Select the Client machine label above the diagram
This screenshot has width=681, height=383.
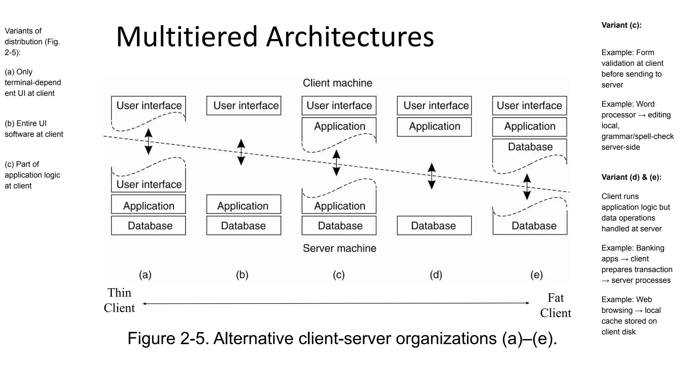pyautogui.click(x=337, y=83)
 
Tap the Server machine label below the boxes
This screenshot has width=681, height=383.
pyautogui.click(x=340, y=248)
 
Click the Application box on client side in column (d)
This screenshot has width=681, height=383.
pyautogui.click(x=434, y=127)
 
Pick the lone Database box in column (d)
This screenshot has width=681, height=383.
pyautogui.click(x=434, y=226)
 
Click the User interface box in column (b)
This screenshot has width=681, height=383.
pyautogui.click(x=244, y=106)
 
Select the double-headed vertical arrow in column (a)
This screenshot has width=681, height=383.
pyautogui.click(x=148, y=142)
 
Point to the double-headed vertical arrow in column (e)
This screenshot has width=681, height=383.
pyautogui.click(x=527, y=187)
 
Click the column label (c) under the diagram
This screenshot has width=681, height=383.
pyautogui.click(x=339, y=275)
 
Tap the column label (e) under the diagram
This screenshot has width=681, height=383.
pyautogui.click(x=536, y=275)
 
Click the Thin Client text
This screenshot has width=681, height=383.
pyautogui.click(x=119, y=300)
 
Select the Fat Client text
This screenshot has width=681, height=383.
pyautogui.click(x=555, y=305)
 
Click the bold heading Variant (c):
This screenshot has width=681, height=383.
pyautogui.click(x=621, y=25)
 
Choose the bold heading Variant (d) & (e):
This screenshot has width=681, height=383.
pyautogui.click(x=631, y=177)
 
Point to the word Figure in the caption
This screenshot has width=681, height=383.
pyautogui.click(x=151, y=339)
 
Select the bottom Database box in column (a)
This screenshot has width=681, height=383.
pyautogui.click(x=148, y=226)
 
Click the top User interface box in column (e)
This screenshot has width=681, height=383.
pyautogui.click(x=529, y=106)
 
